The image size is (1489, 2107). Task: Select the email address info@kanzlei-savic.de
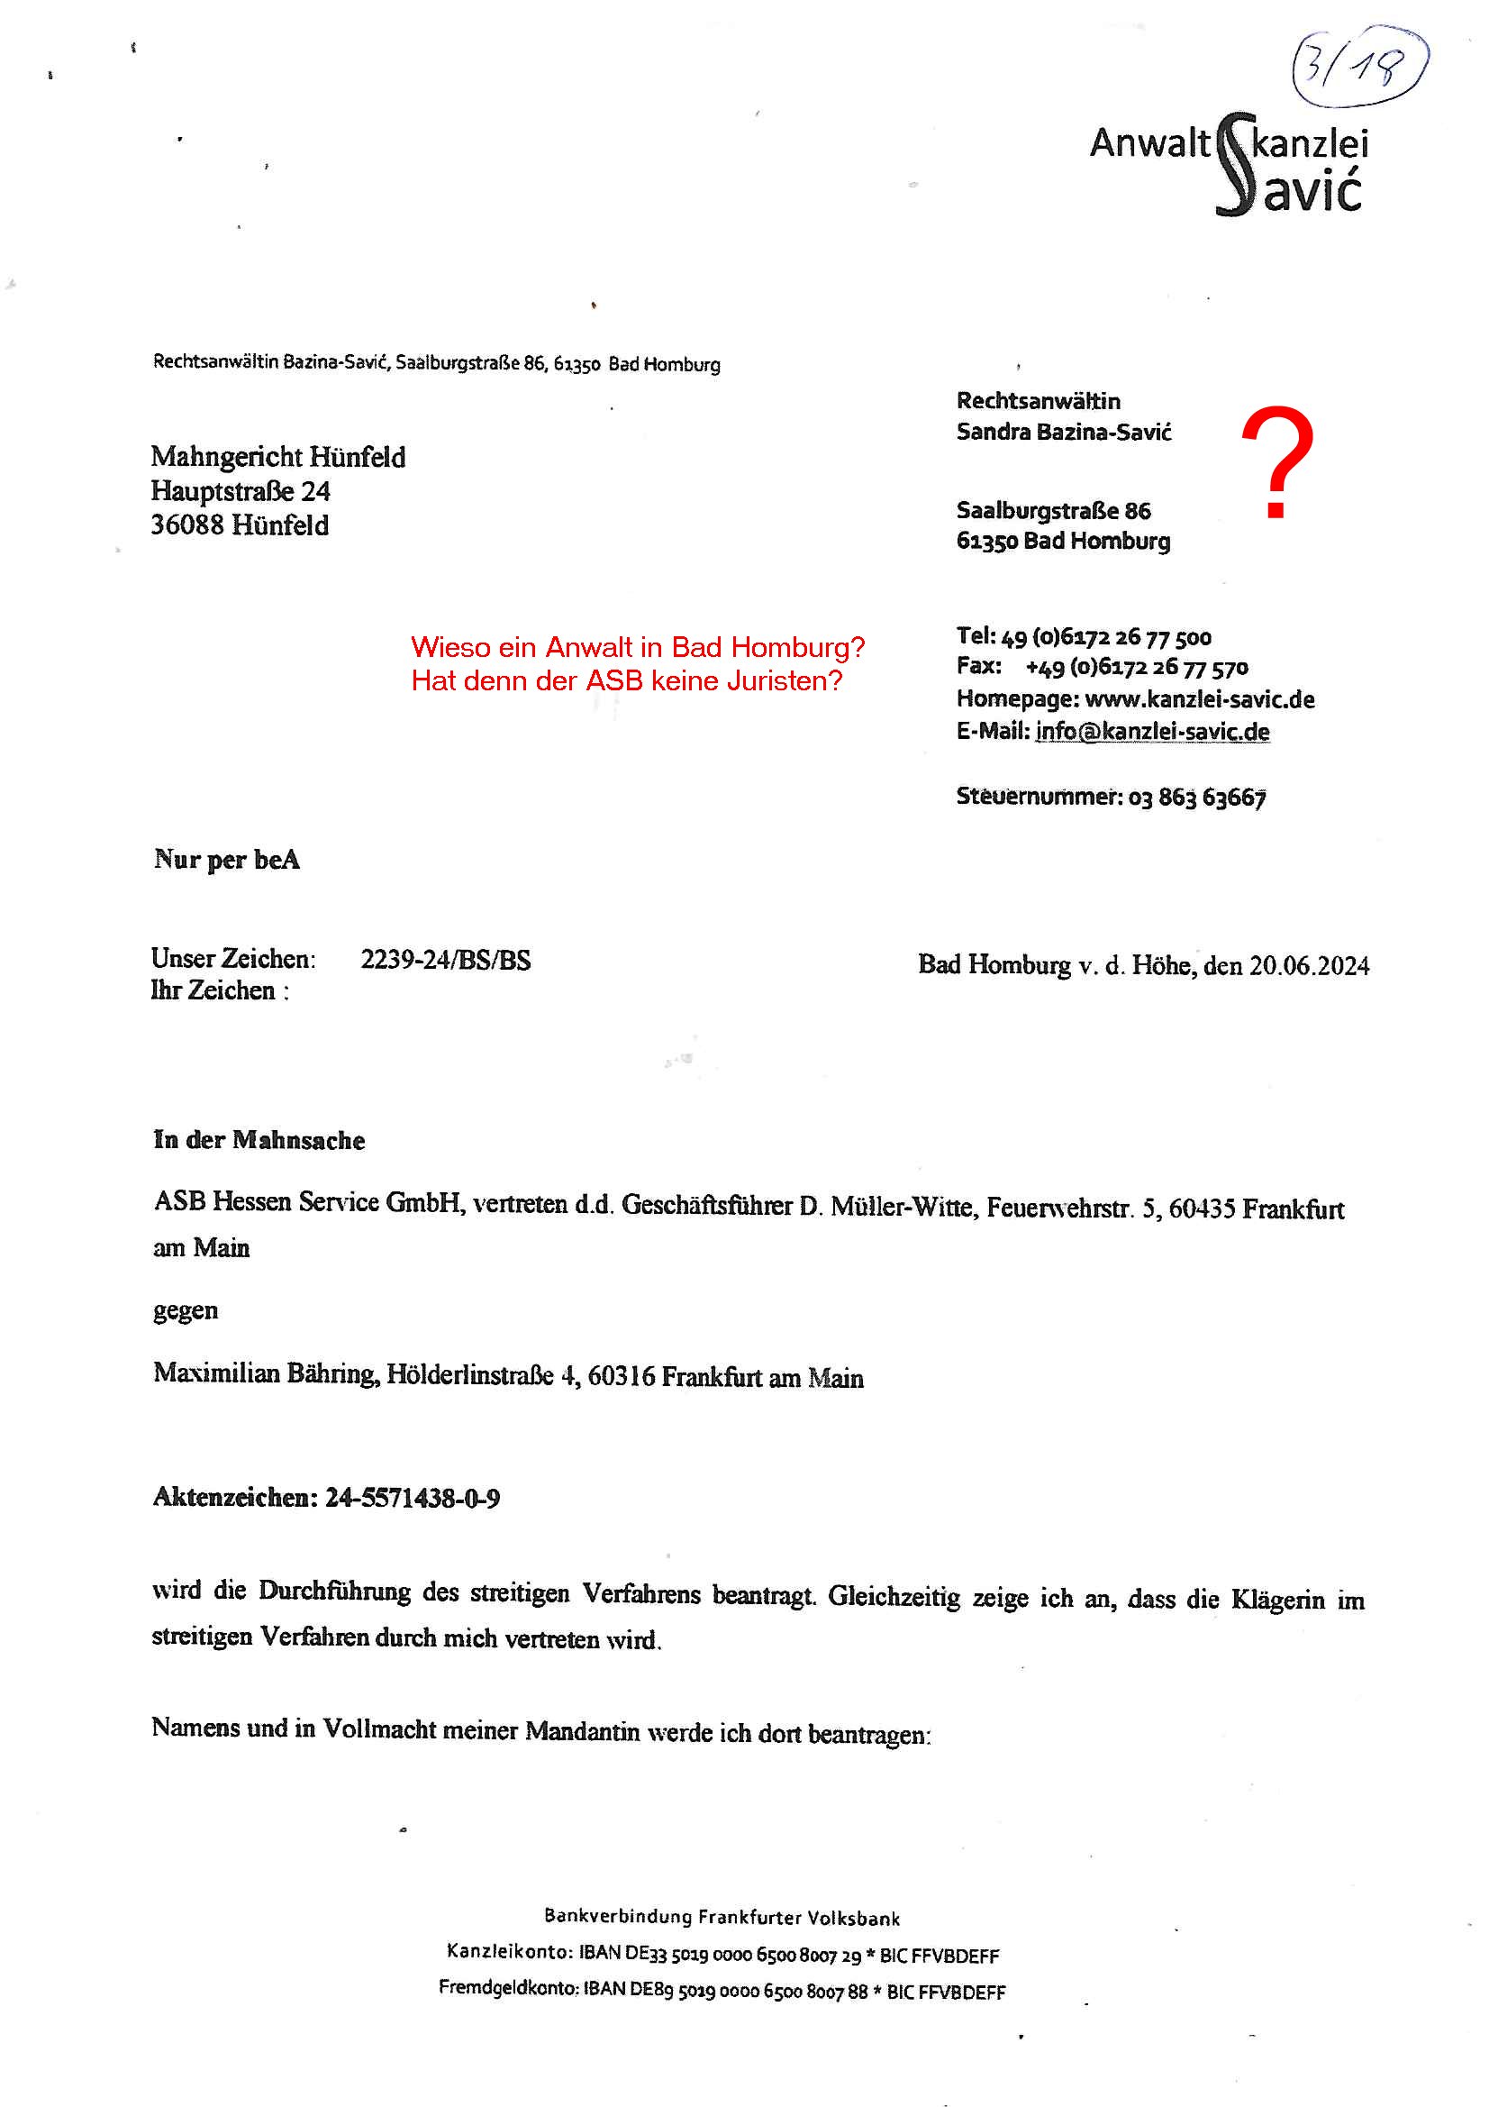click(1152, 732)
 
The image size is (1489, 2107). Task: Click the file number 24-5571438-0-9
click(412, 1498)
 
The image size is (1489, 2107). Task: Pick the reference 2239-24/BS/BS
click(445, 960)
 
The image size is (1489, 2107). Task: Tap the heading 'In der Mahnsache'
click(259, 1140)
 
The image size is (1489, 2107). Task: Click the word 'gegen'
click(186, 1309)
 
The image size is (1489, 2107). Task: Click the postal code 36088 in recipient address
click(187, 524)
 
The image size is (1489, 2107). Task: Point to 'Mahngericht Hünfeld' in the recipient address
click(278, 457)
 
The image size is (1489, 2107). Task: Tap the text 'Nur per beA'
click(227, 860)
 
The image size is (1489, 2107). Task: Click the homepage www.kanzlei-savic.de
click(1199, 699)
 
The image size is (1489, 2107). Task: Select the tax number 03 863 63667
click(1197, 797)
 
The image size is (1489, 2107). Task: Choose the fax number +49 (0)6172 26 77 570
click(1137, 667)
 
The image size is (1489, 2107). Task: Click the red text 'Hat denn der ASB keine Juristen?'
click(627, 681)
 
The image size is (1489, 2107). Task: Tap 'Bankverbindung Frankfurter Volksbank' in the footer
click(722, 1917)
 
